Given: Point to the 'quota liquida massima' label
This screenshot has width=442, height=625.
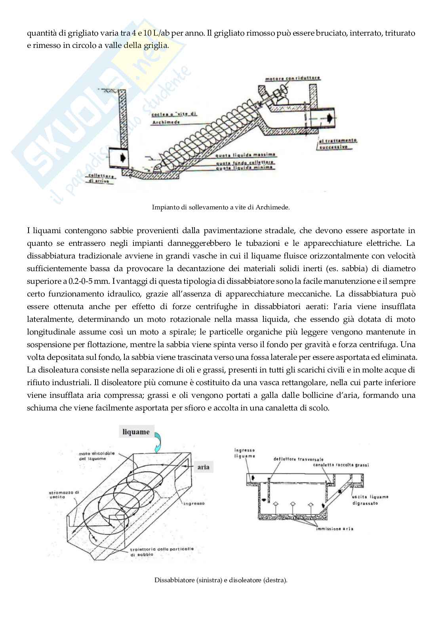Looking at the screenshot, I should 246,155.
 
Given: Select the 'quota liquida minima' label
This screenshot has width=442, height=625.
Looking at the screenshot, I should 246,167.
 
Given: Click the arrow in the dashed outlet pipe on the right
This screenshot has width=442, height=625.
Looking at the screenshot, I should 329,118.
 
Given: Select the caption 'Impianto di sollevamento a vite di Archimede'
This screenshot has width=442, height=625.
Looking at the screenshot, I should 221,207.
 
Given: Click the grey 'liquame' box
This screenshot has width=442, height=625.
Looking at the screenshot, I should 136,432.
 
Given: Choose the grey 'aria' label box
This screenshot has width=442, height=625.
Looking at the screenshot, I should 203,467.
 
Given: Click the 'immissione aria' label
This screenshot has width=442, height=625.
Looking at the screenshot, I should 335,528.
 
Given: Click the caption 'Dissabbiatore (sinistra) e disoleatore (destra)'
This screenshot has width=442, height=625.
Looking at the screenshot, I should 221,580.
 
